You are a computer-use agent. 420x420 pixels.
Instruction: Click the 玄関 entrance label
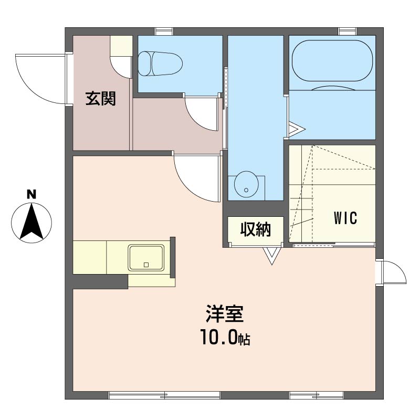[100, 98]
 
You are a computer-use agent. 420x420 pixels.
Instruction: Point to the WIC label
[345, 218]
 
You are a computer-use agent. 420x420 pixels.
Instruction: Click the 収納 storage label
[255, 229]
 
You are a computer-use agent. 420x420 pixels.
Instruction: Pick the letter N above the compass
[31, 194]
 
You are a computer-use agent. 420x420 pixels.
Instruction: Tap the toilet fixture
[160, 64]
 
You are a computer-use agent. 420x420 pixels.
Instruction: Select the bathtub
[332, 60]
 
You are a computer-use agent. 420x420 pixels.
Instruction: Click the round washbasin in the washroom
[246, 184]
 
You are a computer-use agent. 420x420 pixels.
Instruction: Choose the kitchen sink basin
[146, 257]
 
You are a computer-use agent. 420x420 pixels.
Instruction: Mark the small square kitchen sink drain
[146, 265]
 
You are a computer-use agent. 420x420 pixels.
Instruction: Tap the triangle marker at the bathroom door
[296, 130]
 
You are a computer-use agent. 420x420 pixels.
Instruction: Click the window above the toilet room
[164, 31]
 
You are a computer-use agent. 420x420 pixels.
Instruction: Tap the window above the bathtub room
[348, 31]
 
